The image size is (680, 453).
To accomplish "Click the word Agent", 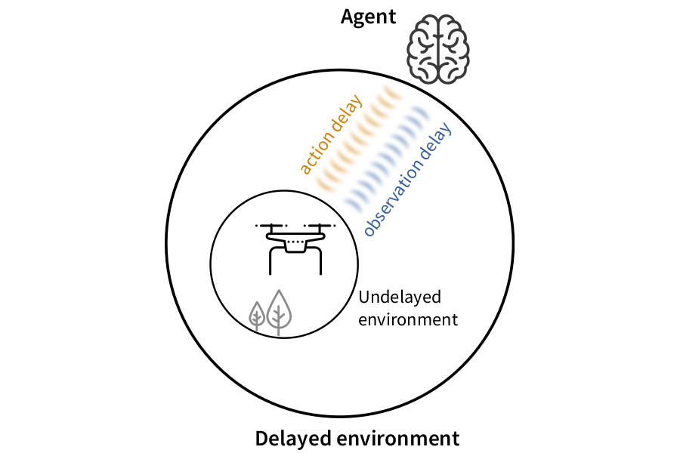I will [368, 17].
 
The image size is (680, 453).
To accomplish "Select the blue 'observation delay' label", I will [407, 180].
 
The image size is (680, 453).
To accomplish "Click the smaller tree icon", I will [258, 316].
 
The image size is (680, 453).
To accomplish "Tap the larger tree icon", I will [280, 310].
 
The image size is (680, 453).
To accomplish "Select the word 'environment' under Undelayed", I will [408, 319].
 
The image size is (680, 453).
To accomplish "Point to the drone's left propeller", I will [272, 225].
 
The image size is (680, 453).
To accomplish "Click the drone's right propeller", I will [318, 225].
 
